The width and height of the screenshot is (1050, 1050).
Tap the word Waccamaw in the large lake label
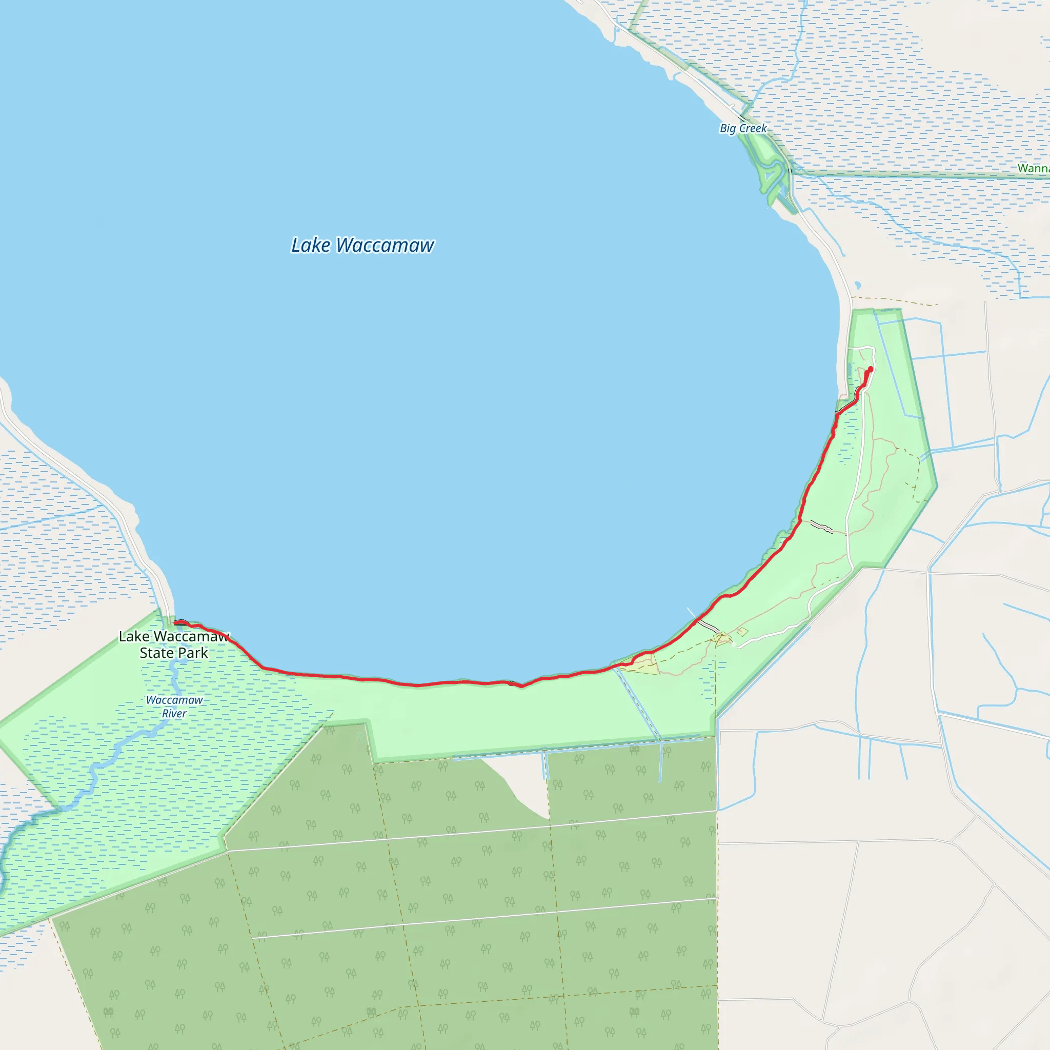[x=385, y=245]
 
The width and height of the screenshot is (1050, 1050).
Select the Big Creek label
[x=743, y=128]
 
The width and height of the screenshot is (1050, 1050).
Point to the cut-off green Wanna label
[x=1033, y=168]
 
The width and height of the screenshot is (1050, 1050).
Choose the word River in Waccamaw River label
[x=174, y=714]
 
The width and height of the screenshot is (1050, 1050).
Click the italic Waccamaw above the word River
[x=174, y=700]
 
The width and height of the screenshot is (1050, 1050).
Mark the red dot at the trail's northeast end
[x=870, y=369]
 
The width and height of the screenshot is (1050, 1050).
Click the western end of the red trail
[x=175, y=623]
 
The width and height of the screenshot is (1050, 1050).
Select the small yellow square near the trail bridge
[x=742, y=632]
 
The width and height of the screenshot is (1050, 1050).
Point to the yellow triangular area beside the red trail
[x=644, y=665]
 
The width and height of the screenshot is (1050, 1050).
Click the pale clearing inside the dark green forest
[x=522, y=782]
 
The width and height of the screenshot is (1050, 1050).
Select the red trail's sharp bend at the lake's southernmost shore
[x=521, y=686]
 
